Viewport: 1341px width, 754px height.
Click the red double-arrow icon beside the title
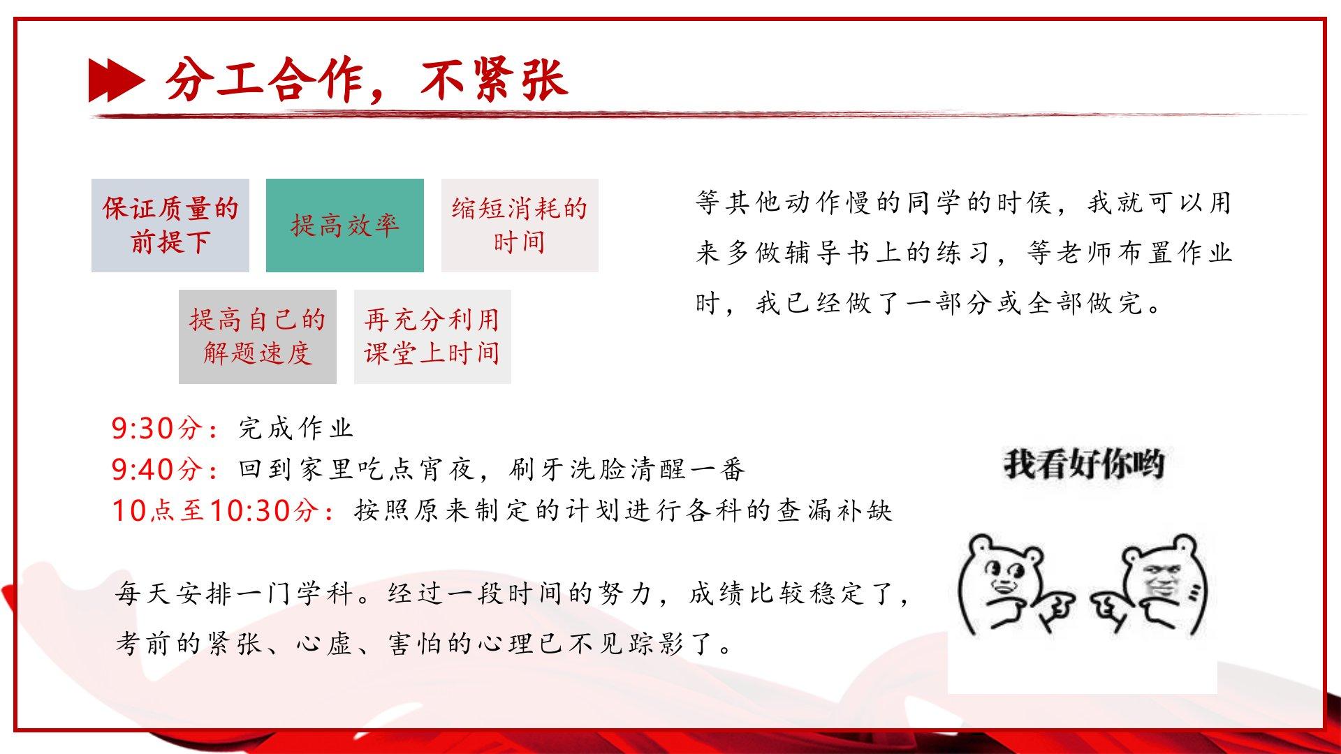coord(117,80)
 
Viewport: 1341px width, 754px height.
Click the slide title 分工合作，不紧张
coord(366,78)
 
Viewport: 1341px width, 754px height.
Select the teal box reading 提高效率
coord(345,225)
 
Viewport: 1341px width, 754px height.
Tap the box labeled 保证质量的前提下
coord(170,225)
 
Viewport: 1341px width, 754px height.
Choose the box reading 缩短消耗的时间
coord(520,225)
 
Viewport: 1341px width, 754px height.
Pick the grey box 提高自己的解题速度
coord(258,337)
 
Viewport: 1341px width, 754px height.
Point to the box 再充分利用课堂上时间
coord(432,337)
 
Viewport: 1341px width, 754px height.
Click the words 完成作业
coord(296,428)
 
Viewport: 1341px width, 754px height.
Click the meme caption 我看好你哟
coord(1084,464)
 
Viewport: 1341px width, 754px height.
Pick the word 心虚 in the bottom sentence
coord(324,643)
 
